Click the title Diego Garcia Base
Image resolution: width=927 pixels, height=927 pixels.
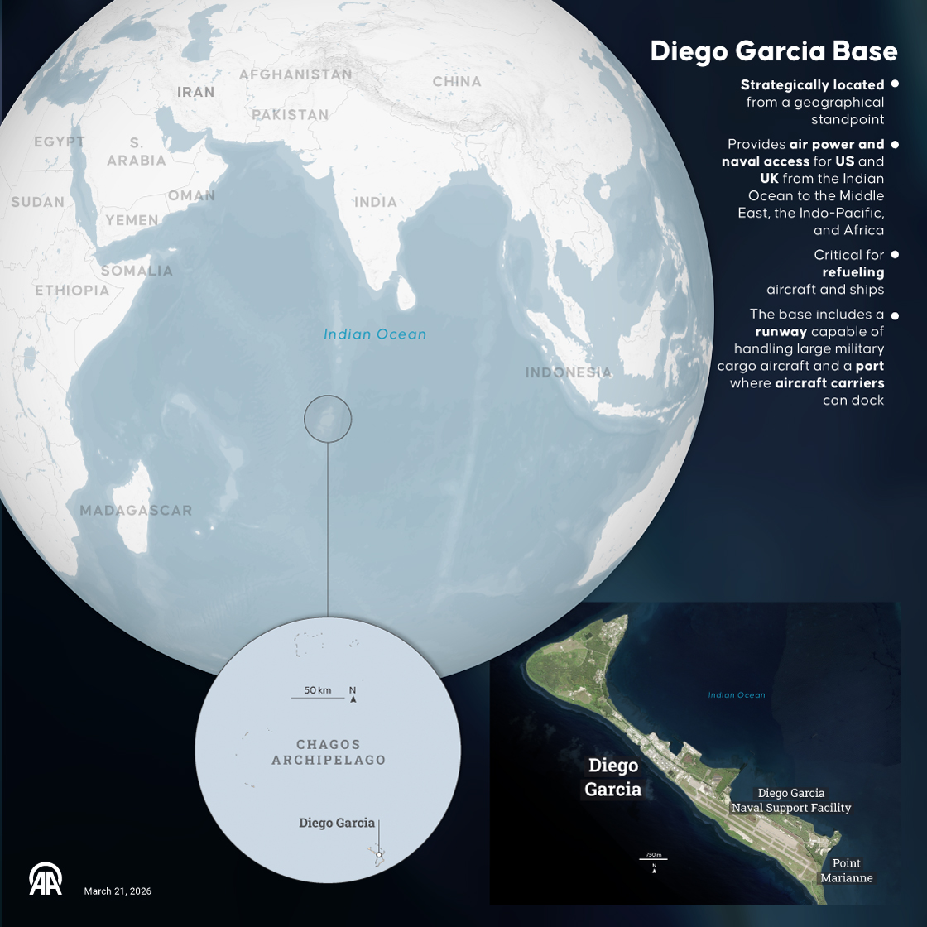coord(773,51)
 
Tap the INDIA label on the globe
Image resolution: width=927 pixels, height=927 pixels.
coord(376,202)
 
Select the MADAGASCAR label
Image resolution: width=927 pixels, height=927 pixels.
coord(136,511)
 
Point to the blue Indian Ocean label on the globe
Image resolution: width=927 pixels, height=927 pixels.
coord(375,334)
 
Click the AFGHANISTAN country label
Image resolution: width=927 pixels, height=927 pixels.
coord(295,74)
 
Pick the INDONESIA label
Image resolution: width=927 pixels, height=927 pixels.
coord(569,372)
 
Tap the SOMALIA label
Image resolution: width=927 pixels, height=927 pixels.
coord(137,271)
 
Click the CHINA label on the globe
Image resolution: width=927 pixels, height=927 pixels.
coord(457,81)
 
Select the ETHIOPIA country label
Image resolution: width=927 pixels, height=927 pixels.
coord(72,291)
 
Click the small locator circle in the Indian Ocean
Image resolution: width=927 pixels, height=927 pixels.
coord(328,419)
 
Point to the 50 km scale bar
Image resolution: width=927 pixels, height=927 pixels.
coord(318,697)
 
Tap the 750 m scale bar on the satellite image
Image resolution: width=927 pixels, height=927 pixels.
coord(653,859)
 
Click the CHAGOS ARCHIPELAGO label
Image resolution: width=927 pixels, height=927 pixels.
coord(329,752)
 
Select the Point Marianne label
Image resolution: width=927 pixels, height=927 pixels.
coord(847,871)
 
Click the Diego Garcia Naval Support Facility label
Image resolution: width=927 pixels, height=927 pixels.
coord(791,800)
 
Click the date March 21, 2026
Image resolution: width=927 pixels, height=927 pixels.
coord(118,891)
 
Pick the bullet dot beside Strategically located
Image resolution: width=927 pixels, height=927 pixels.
coord(895,84)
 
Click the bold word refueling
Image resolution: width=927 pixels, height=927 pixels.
coord(853,272)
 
